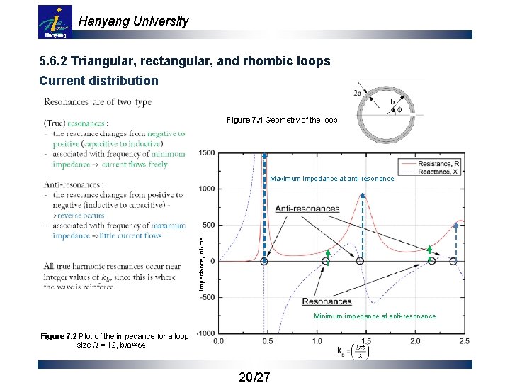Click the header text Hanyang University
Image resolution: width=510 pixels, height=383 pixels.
133,21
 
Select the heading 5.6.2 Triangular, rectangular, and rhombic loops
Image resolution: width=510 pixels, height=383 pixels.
184,62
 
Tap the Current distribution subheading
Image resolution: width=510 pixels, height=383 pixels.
98,81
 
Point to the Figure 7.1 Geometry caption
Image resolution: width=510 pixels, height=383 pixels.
282,121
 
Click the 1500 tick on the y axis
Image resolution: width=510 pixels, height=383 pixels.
207,152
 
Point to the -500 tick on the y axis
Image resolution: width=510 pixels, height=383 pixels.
207,298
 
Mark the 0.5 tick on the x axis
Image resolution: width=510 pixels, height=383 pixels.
267,343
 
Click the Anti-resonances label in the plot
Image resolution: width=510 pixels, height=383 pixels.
307,209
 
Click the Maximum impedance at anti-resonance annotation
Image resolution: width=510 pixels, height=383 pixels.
332,179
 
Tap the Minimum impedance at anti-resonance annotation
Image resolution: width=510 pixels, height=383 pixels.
375,316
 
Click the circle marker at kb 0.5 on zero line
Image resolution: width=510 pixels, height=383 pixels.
264,261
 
